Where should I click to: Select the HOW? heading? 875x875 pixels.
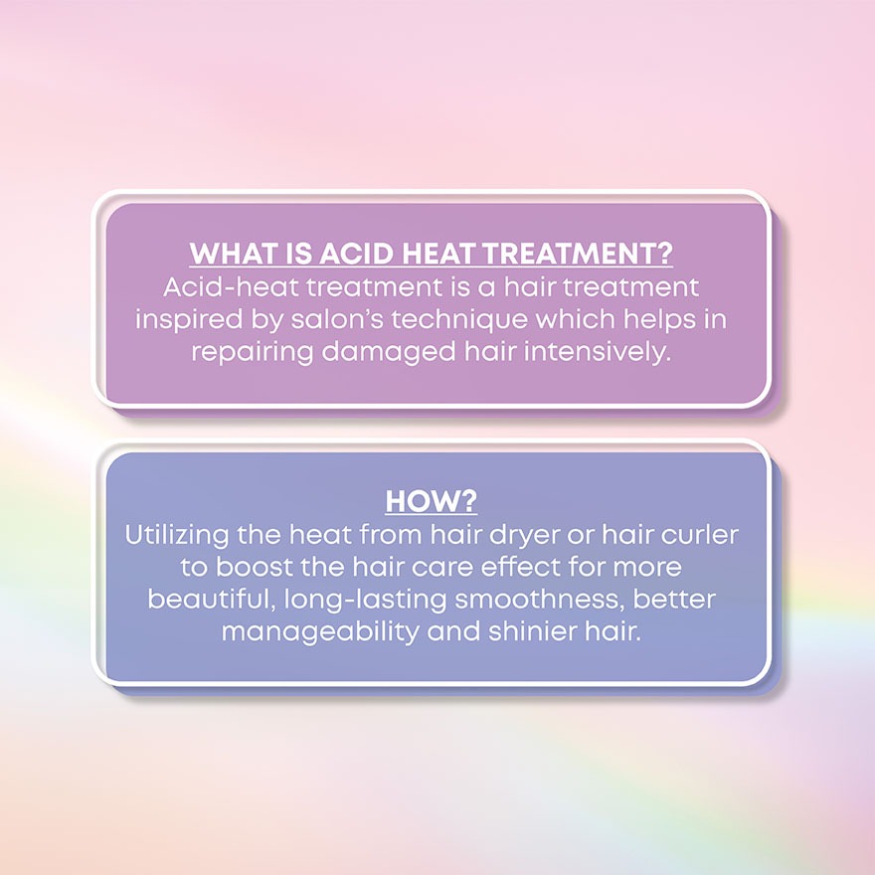tap(432, 500)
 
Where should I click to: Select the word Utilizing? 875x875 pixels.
tap(176, 535)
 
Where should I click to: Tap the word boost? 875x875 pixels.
tap(254, 567)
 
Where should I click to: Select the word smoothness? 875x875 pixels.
tap(540, 600)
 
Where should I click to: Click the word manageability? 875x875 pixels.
tap(320, 632)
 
